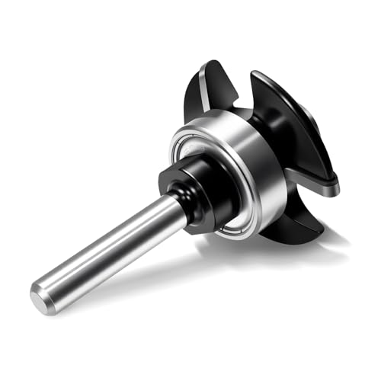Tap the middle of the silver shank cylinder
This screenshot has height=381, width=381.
coord(107,248)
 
